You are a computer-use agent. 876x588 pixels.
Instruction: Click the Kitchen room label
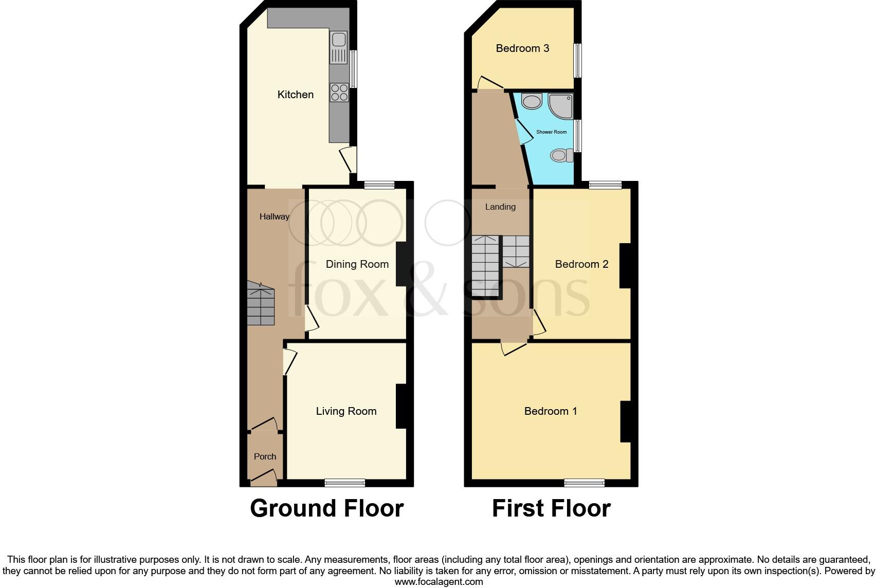pos(295,95)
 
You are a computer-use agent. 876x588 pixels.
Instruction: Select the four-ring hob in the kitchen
pos(339,92)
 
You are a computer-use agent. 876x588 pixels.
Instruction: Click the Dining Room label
pos(357,264)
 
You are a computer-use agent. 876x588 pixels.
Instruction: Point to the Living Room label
pos(346,411)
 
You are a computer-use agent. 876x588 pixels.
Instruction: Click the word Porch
pos(265,456)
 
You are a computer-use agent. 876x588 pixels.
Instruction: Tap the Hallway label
pos(274,217)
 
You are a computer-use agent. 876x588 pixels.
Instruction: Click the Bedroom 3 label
pos(522,48)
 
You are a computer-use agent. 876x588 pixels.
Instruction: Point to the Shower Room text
pos(551,132)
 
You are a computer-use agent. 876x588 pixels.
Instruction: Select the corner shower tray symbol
pos(560,105)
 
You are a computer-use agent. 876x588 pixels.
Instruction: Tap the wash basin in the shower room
pos(531,101)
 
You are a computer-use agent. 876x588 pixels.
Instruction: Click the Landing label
pos(500,207)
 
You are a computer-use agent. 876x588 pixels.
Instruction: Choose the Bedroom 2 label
pos(581,264)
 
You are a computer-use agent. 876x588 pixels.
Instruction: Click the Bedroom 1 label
pos(551,411)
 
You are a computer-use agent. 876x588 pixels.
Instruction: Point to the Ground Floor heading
pos(326,508)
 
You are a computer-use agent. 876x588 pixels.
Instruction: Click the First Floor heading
pos(551,508)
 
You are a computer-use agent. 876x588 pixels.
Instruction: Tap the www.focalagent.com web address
pos(439,582)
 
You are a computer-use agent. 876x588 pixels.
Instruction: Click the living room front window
pos(344,482)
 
